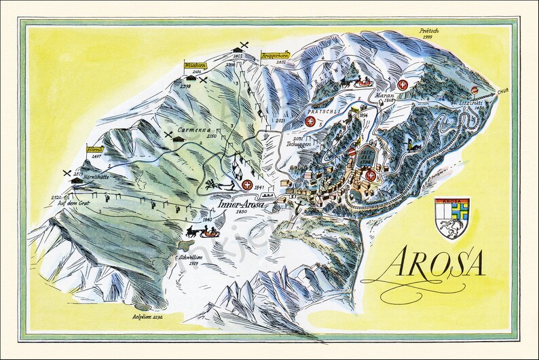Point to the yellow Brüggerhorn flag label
276,56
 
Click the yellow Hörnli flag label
94,149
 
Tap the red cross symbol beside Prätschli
311,122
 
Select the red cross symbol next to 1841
250,185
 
